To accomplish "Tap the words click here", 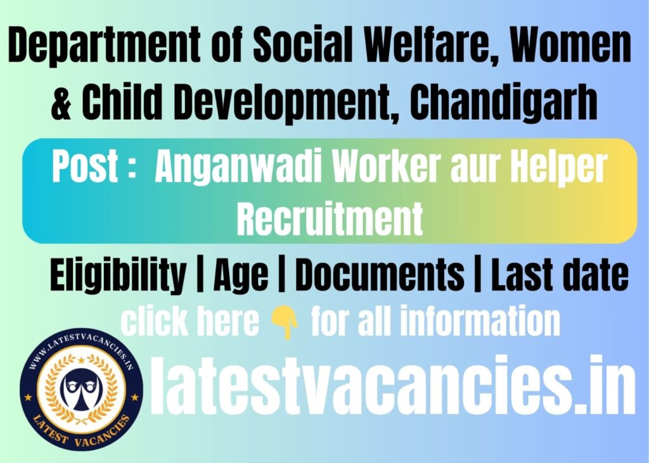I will click(190, 322).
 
